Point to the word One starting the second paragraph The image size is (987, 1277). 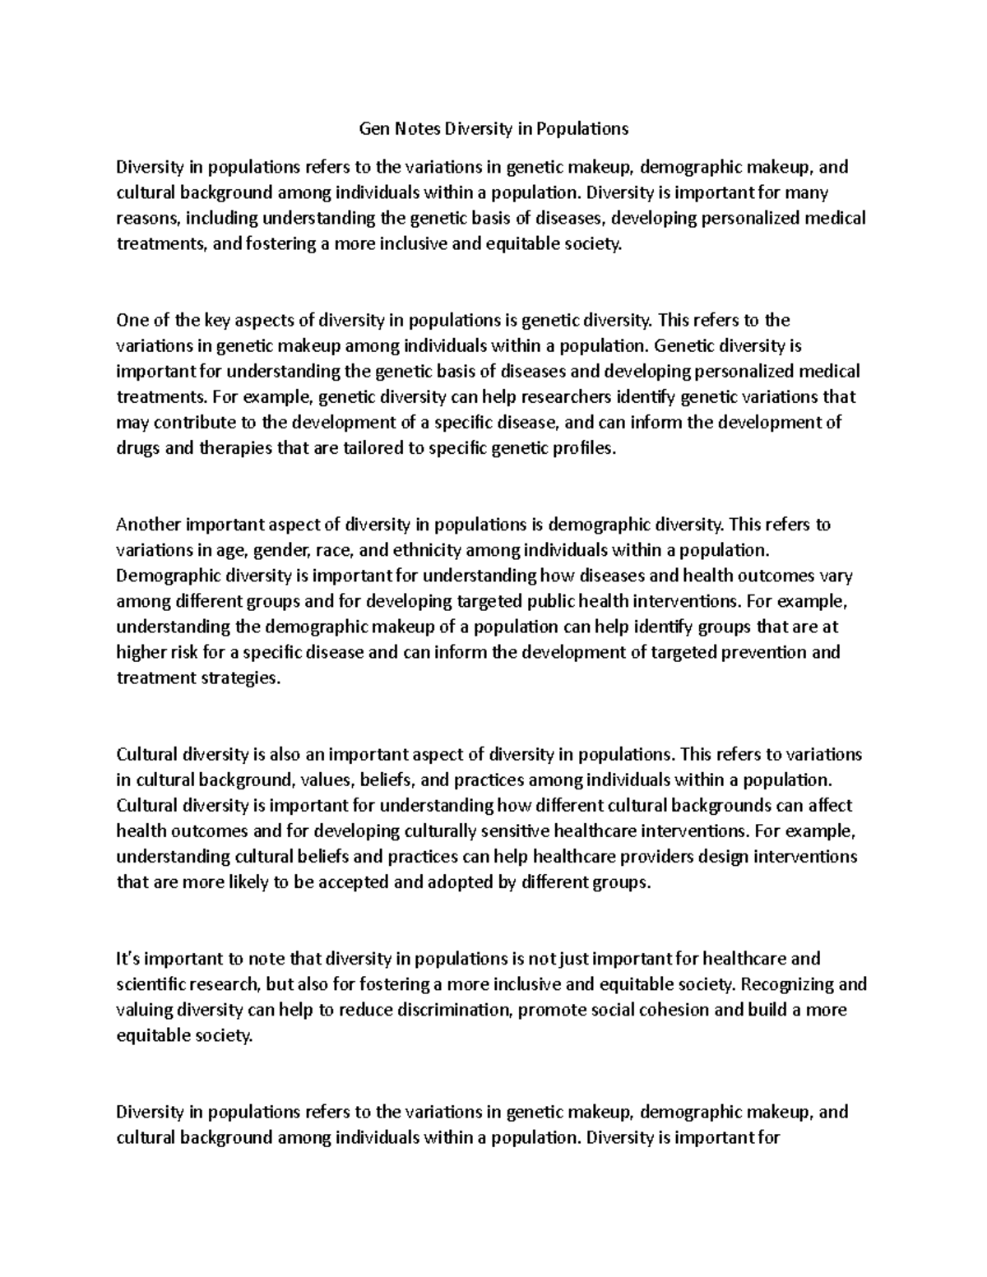point(131,319)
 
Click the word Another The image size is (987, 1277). point(149,524)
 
